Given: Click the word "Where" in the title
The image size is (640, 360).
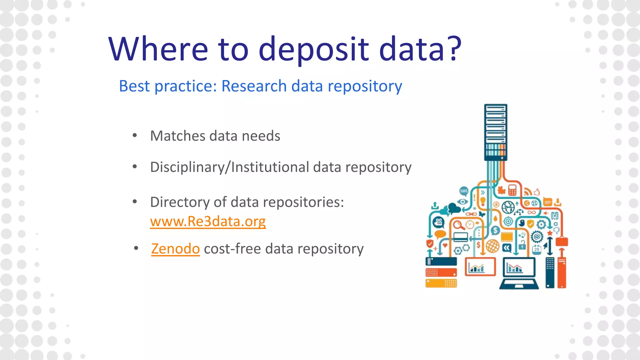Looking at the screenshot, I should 158,49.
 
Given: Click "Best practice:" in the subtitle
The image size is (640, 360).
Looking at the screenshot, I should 168,86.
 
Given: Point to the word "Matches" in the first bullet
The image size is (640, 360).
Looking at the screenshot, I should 177,136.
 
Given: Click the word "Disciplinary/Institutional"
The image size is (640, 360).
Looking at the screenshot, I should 230,167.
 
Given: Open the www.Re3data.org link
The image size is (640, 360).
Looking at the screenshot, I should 208,222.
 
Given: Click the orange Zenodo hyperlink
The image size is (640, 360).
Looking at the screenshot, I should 175,249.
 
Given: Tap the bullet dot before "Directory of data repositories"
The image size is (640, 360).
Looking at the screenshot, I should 135,202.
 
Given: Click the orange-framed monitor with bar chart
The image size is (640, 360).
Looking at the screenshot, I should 480,267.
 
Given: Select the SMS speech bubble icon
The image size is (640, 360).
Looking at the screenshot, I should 464,191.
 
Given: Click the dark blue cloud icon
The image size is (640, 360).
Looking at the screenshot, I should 453,207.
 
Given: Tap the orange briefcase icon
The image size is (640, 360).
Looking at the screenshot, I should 562,241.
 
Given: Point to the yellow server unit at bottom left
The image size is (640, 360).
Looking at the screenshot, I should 441,283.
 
